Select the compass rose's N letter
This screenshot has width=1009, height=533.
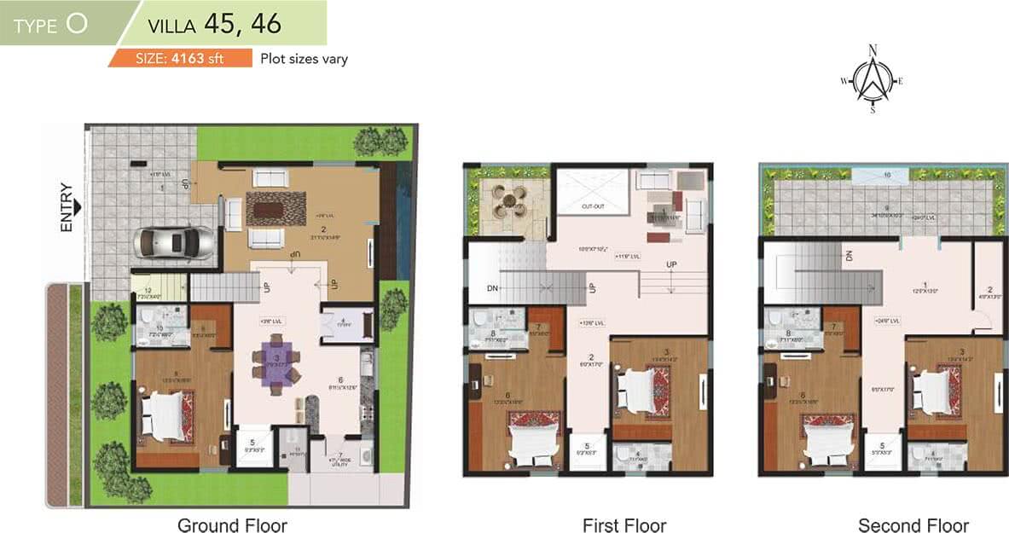pos(872,50)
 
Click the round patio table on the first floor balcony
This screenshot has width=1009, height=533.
pos(509,201)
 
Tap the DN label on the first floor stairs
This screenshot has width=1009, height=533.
pos(492,288)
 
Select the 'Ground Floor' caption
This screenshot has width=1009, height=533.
pos(232,524)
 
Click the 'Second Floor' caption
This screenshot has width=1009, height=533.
pos(913,524)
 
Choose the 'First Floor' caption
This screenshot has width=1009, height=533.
pos(624,524)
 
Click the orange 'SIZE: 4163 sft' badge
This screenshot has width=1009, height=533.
pos(179,59)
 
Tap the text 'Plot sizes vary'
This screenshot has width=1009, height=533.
pos(304,59)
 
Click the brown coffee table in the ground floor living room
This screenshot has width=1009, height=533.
pos(275,207)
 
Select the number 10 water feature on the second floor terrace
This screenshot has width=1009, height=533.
pos(886,174)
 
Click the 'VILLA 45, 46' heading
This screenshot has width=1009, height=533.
pos(214,23)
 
